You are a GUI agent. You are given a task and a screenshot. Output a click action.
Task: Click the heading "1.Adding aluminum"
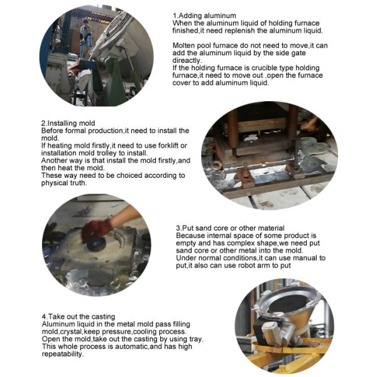[204, 16]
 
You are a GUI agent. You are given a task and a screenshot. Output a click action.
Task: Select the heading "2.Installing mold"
[68, 123]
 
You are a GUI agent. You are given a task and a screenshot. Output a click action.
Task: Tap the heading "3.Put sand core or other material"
[230, 228]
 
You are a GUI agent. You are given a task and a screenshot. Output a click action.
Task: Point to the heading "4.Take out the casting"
[79, 317]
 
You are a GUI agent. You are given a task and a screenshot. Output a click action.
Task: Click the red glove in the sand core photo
[96, 229]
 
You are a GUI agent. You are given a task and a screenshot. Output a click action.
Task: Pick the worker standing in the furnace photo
[85, 38]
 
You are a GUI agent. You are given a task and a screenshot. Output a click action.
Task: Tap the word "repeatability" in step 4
[62, 354]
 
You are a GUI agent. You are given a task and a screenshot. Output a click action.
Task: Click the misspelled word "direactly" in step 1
[187, 60]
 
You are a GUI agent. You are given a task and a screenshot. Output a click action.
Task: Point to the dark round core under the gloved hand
[96, 244]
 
